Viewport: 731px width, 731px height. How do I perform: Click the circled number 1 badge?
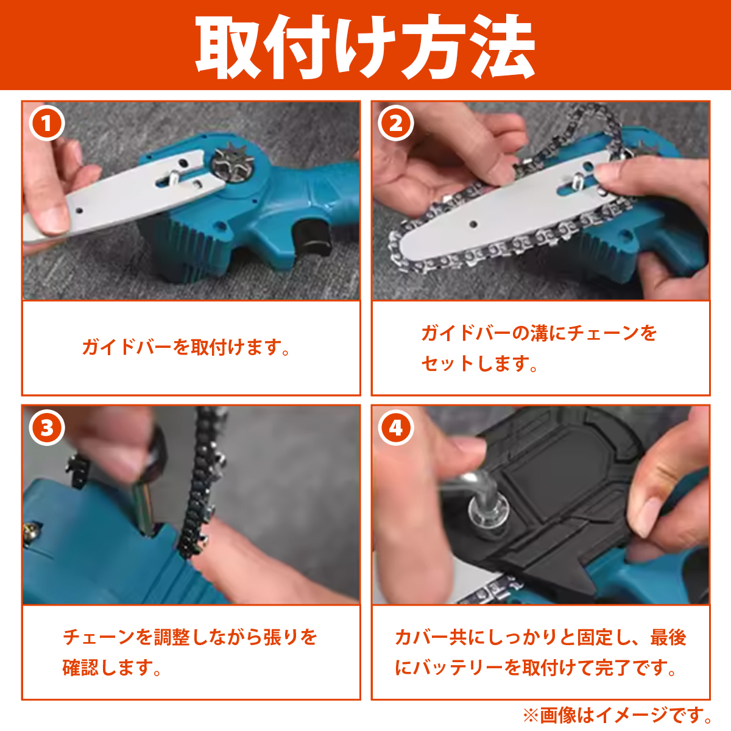(x=47, y=123)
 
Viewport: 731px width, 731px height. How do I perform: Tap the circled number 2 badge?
(x=396, y=123)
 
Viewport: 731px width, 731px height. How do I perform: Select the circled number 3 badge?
(x=47, y=428)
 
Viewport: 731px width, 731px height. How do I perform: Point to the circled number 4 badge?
(x=396, y=428)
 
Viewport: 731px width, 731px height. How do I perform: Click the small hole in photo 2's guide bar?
(x=473, y=224)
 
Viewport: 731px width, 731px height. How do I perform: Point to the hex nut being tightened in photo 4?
(x=489, y=510)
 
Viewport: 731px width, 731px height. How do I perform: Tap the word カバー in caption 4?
(x=421, y=637)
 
